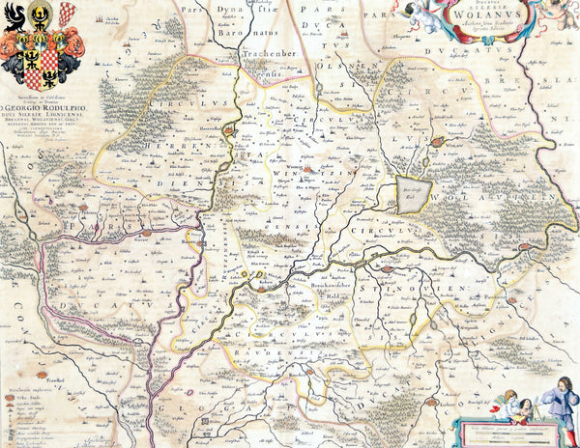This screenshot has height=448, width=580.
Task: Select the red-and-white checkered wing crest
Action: [65, 14]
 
